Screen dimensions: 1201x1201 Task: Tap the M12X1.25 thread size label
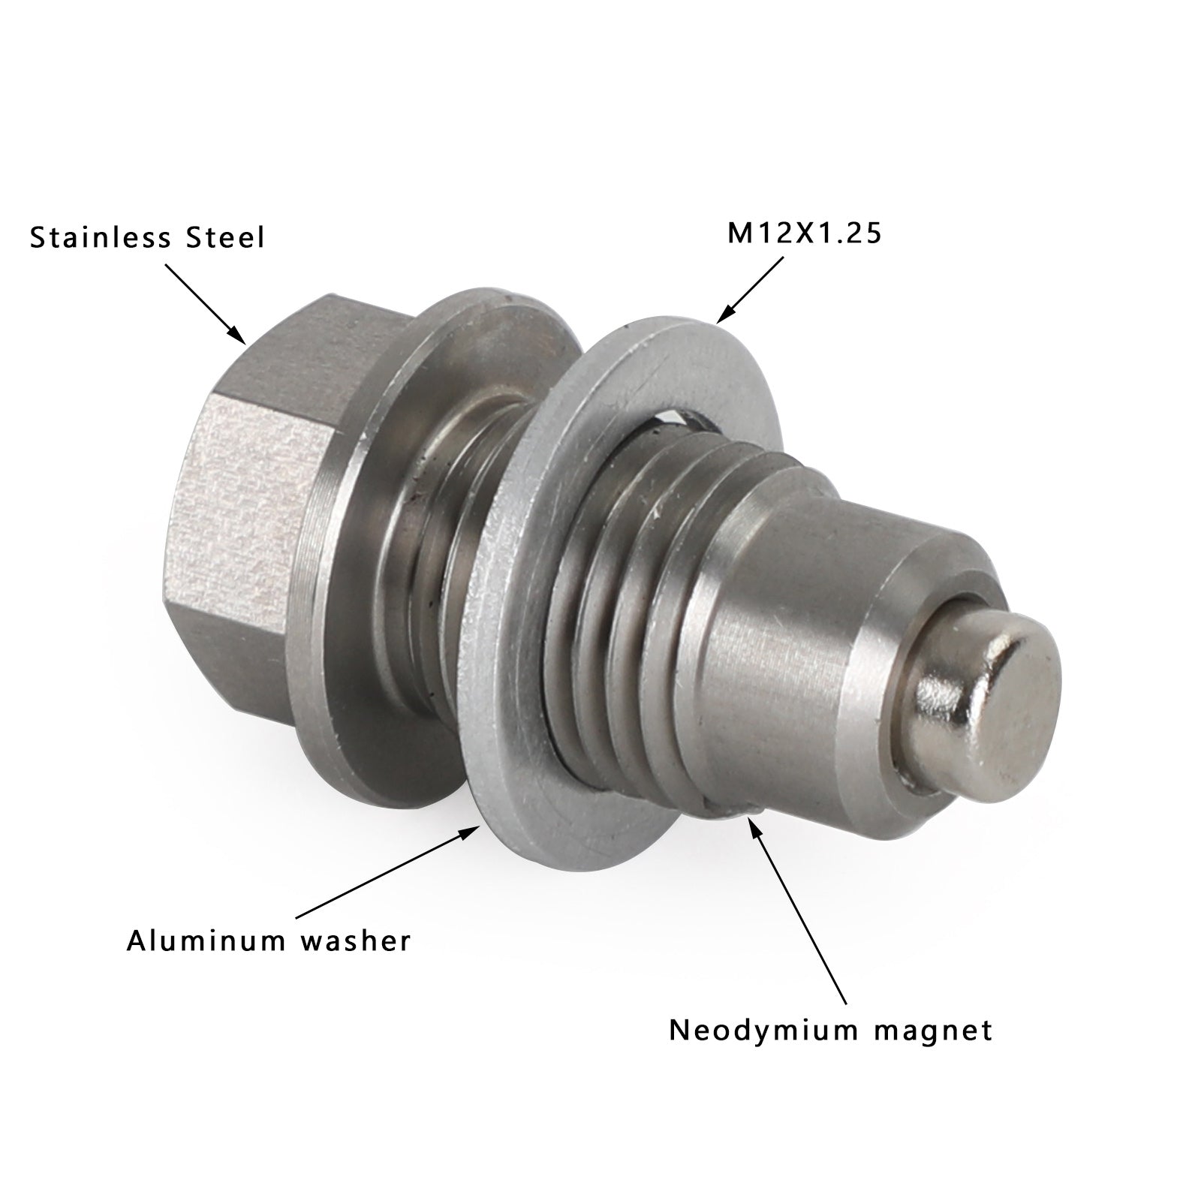tap(804, 233)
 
